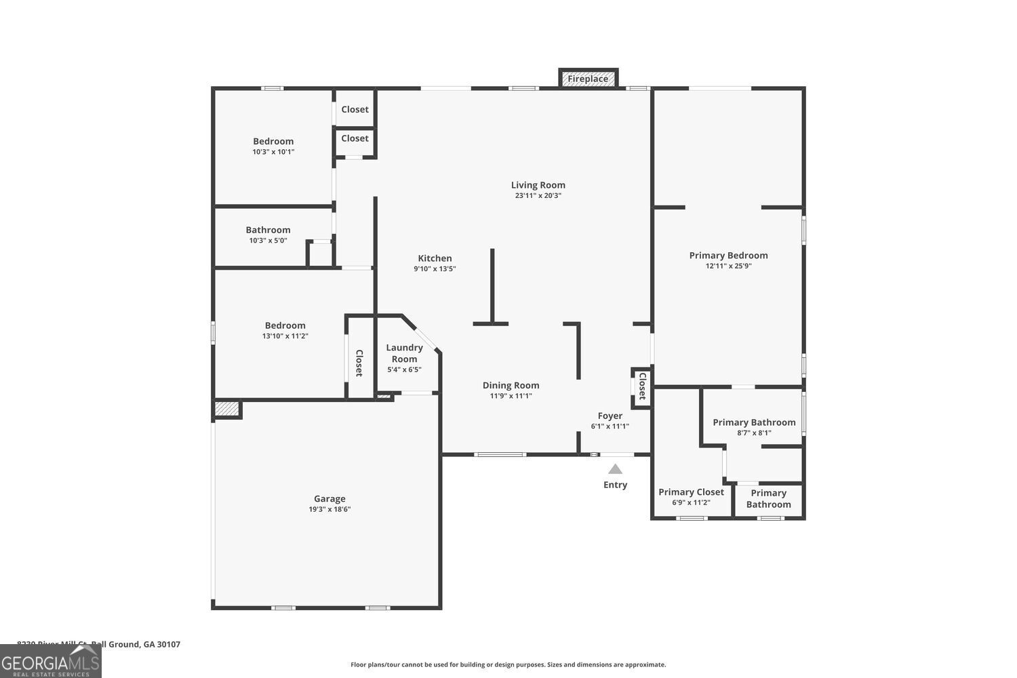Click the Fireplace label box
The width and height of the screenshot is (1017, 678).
588,79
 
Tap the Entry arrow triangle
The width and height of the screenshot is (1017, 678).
615,469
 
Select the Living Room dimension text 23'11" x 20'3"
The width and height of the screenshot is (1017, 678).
538,195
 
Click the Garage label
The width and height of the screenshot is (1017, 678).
330,498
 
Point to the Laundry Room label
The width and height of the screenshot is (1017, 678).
404,353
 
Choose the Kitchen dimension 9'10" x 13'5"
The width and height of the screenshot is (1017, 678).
435,268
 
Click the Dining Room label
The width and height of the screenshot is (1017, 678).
511,385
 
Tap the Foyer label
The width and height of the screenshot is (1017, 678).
610,416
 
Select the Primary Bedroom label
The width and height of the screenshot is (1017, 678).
728,255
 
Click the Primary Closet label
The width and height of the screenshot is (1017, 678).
691,492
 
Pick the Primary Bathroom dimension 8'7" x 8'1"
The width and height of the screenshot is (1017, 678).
754,433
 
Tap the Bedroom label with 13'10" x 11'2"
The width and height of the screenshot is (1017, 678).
285,325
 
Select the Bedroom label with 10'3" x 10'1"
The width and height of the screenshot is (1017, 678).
273,141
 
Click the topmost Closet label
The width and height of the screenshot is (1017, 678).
355,109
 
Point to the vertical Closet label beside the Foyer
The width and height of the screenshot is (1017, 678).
642,386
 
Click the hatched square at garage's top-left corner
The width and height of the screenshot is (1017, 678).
226,409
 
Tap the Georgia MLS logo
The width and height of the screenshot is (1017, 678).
50,662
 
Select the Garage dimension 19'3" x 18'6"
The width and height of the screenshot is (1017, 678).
330,509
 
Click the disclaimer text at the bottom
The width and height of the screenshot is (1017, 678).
508,664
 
